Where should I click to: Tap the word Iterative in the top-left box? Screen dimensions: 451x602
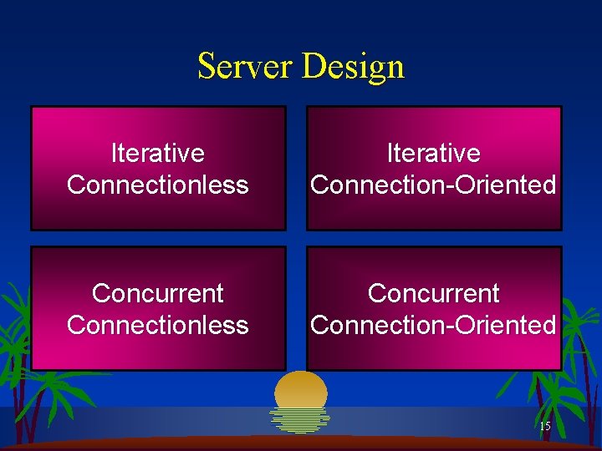[x=158, y=153]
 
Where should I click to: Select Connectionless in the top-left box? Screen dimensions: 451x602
[x=158, y=185]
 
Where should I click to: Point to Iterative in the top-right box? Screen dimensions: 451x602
[x=433, y=153]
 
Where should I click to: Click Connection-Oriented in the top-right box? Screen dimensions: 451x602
[x=433, y=185]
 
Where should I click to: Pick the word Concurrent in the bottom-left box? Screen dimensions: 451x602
[x=158, y=293]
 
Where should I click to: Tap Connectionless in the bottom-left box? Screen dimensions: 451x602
[x=158, y=325]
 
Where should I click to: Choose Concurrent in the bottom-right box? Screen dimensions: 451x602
[x=433, y=293]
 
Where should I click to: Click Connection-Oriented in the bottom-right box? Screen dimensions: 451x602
[x=433, y=325]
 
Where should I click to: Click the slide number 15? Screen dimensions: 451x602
[x=545, y=427]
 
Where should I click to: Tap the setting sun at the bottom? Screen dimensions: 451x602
[x=301, y=388]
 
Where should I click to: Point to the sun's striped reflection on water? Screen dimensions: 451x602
[x=300, y=420]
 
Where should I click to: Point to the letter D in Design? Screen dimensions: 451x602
[x=312, y=67]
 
